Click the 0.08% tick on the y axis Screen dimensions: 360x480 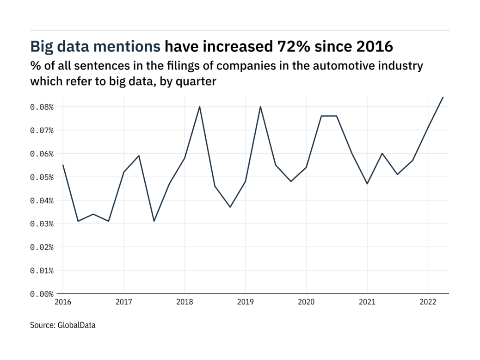pos(42,107)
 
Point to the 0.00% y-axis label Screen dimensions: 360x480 pos(42,294)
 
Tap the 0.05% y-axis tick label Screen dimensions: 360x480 pos(42,177)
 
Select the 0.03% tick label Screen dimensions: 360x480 pos(42,224)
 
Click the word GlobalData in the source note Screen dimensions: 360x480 pos(77,325)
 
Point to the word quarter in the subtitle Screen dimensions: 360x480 pos(198,81)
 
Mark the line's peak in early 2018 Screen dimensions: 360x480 pos(200,106)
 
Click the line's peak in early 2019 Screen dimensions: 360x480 pos(260,106)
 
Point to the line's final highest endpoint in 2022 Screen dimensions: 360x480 pos(443,97)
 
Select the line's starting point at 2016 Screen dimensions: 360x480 pos(63,165)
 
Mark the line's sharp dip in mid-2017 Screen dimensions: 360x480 pos(154,221)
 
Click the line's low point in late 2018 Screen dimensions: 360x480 pos(230,207)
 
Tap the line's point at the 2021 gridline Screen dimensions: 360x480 pos(367,184)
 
